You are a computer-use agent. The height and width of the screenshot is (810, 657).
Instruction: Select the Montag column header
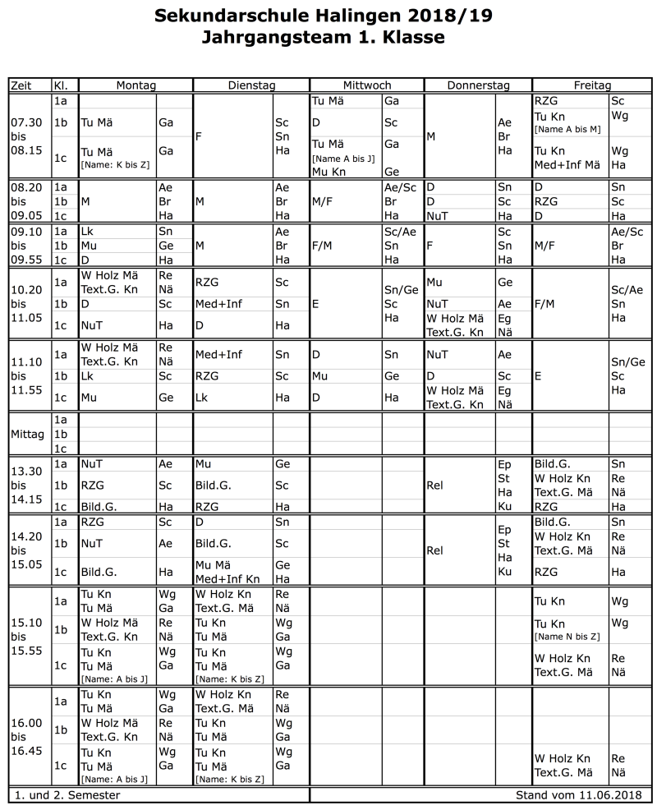tap(136, 85)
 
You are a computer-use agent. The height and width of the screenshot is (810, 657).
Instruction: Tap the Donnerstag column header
tap(478, 85)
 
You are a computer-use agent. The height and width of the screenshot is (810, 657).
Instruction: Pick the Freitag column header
tap(591, 85)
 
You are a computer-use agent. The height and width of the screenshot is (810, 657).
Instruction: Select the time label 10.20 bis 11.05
tap(27, 303)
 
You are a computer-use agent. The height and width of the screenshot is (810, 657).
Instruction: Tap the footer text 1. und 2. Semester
tap(66, 795)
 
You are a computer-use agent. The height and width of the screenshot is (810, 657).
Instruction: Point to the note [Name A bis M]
tap(567, 130)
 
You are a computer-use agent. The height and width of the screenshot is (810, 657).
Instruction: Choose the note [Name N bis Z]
tap(567, 637)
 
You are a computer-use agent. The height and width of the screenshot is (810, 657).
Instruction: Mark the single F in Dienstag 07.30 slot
tap(199, 136)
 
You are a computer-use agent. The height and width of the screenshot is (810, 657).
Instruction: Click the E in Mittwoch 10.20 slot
tap(315, 303)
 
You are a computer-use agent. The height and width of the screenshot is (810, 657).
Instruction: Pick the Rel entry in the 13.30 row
tap(435, 486)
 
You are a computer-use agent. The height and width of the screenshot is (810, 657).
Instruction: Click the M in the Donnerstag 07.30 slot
tap(430, 136)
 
